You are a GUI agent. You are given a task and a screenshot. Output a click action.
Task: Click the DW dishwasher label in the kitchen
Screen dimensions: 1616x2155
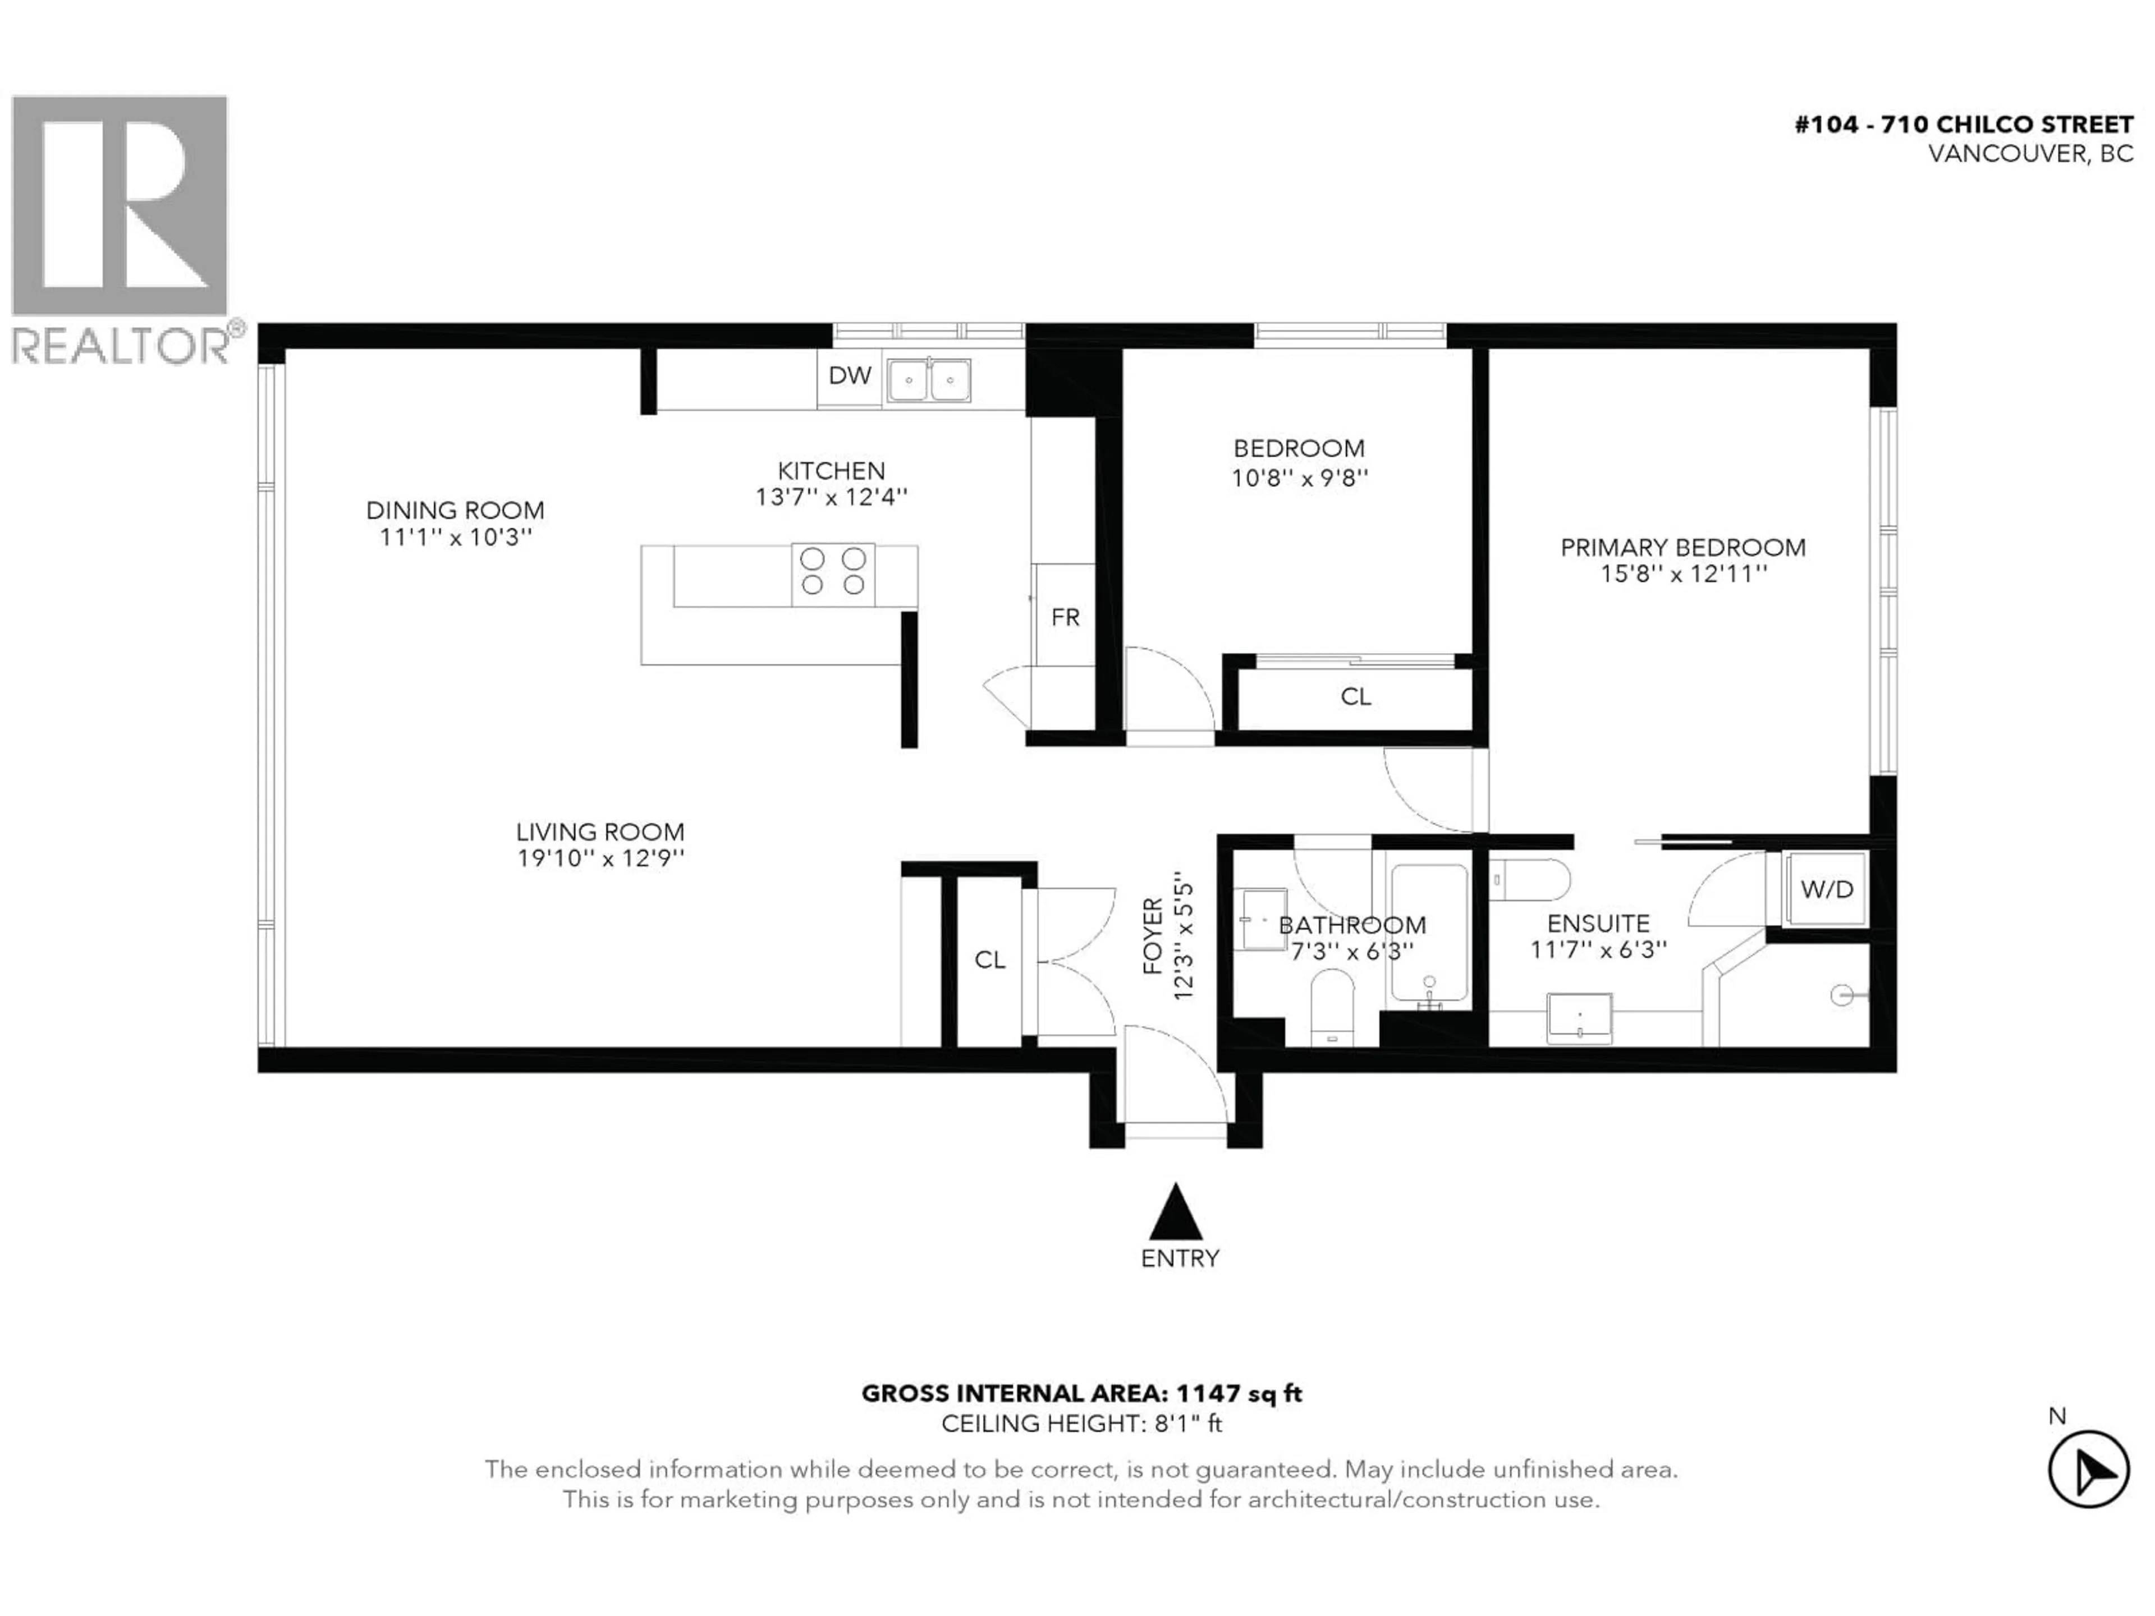pos(850,376)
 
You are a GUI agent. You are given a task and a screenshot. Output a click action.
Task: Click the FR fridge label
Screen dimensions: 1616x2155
pos(1065,618)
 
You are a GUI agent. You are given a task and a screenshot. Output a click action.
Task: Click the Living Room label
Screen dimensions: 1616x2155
pos(600,832)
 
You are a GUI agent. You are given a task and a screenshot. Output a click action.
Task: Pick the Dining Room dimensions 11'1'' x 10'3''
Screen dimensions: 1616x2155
pos(456,537)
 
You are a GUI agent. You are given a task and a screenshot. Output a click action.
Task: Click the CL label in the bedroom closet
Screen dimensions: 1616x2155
pos(1355,696)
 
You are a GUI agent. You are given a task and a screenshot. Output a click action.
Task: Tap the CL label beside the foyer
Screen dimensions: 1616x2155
pos(990,961)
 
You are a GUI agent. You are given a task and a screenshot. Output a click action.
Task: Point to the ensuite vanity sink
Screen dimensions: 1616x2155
pos(1579,1018)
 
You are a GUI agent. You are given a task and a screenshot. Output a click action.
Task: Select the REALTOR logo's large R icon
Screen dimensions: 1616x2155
pos(119,205)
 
